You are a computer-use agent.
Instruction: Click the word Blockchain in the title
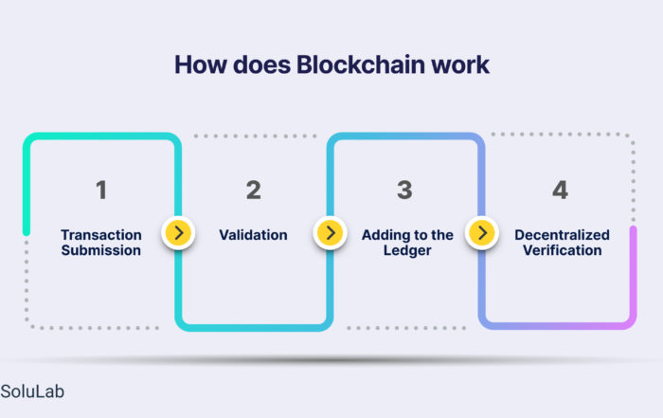(x=360, y=64)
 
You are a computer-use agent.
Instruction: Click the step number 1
(x=101, y=190)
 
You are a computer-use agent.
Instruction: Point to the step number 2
(x=254, y=190)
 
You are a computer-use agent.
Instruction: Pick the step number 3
(x=404, y=190)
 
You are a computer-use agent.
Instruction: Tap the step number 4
(x=560, y=190)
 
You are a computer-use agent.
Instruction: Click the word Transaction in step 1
(x=101, y=235)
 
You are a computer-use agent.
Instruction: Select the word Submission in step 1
(x=101, y=250)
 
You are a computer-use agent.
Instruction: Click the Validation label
(x=253, y=235)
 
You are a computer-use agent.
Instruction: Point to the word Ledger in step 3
(x=407, y=250)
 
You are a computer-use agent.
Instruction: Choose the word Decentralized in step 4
(x=562, y=235)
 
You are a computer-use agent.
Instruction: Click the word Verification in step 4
(x=562, y=250)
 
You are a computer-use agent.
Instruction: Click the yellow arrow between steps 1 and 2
(x=178, y=232)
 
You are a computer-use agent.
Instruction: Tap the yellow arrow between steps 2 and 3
(x=331, y=232)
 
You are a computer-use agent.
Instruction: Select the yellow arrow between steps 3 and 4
(x=482, y=232)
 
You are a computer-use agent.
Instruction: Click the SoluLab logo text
(x=32, y=391)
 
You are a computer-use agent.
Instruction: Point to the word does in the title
(x=261, y=64)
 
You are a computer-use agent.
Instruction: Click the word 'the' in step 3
(x=442, y=235)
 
